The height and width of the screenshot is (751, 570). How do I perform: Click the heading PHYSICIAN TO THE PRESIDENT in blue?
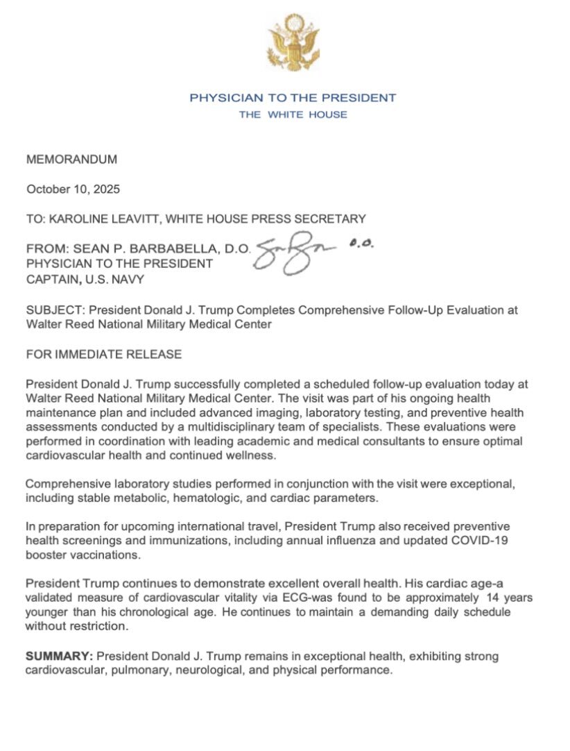pos(293,98)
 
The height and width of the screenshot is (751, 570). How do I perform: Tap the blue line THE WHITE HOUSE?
pos(293,115)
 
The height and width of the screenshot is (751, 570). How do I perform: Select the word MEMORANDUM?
pos(71,160)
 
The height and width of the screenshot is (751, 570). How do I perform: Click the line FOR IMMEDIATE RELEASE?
pos(104,355)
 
